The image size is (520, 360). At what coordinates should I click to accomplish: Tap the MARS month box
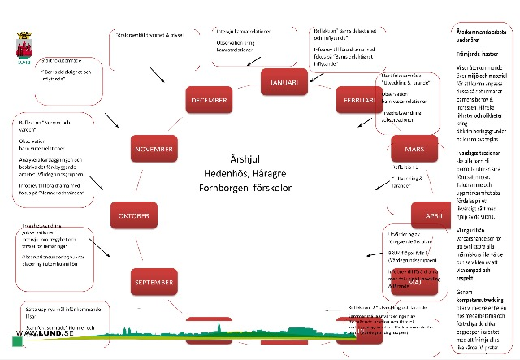point(415,150)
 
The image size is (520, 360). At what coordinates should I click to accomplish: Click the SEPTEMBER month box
point(153,281)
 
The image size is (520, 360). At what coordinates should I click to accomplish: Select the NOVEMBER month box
point(154,150)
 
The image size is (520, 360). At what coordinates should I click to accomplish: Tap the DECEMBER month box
point(208,100)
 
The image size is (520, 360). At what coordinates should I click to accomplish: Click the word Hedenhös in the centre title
point(225,173)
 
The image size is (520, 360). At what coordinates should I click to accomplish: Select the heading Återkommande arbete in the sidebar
point(484,31)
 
